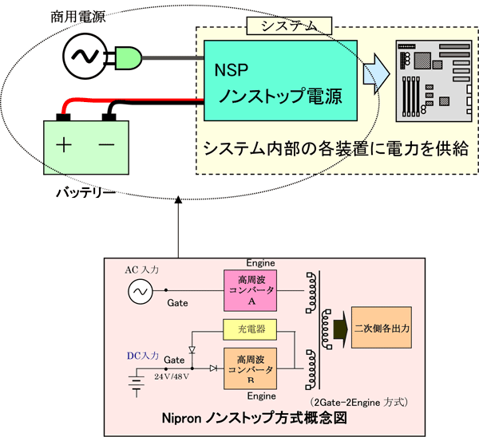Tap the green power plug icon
(127, 56)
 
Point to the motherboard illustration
(430, 83)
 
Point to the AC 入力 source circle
(140, 293)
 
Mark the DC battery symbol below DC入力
(137, 387)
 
